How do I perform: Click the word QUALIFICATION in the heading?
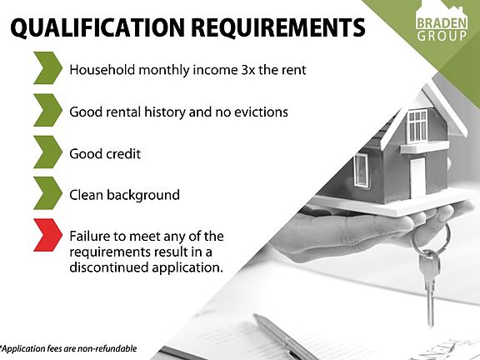[x=97, y=27]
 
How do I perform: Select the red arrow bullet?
[x=47, y=235]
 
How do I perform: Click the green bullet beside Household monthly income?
[x=47, y=68]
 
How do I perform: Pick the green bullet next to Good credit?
[x=47, y=152]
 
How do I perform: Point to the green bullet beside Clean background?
[x=47, y=193]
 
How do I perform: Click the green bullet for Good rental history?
[x=47, y=110]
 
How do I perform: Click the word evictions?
[x=261, y=112]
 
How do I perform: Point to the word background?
[x=143, y=195]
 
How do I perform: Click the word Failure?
[x=89, y=237]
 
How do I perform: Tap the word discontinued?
[x=108, y=267]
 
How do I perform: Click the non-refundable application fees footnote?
[x=68, y=348]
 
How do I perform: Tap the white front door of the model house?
[x=417, y=178]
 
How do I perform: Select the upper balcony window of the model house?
[x=417, y=127]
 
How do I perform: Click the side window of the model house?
[x=361, y=171]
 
